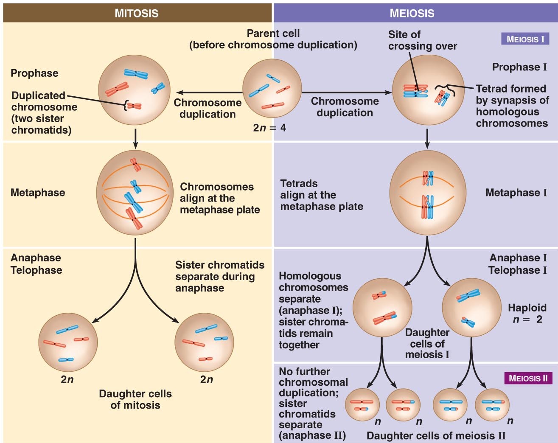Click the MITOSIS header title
(136, 13)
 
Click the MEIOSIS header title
(412, 13)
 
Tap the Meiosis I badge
(525, 39)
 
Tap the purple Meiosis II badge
(528, 378)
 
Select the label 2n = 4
(269, 128)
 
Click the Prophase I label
(519, 67)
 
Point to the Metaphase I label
(516, 193)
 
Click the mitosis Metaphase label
(38, 193)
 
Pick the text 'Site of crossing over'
(422, 40)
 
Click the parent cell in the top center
(272, 88)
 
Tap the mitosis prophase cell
(135, 90)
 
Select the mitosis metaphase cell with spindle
(135, 193)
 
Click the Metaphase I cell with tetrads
(428, 193)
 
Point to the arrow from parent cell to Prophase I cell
(347, 93)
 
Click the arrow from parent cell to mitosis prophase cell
(209, 93)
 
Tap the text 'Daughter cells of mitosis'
(135, 399)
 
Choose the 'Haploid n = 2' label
(527, 313)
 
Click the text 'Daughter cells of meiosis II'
(436, 436)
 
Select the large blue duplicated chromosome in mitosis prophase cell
(136, 74)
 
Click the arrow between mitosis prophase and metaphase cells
(135, 139)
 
